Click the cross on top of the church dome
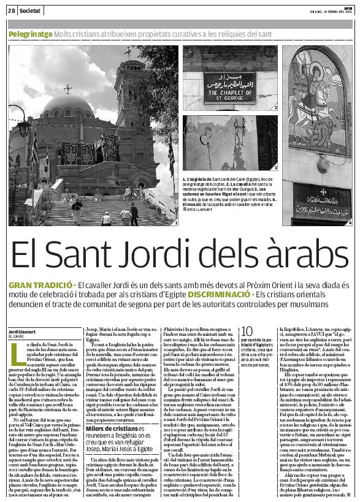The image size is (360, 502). (x=67, y=88)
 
